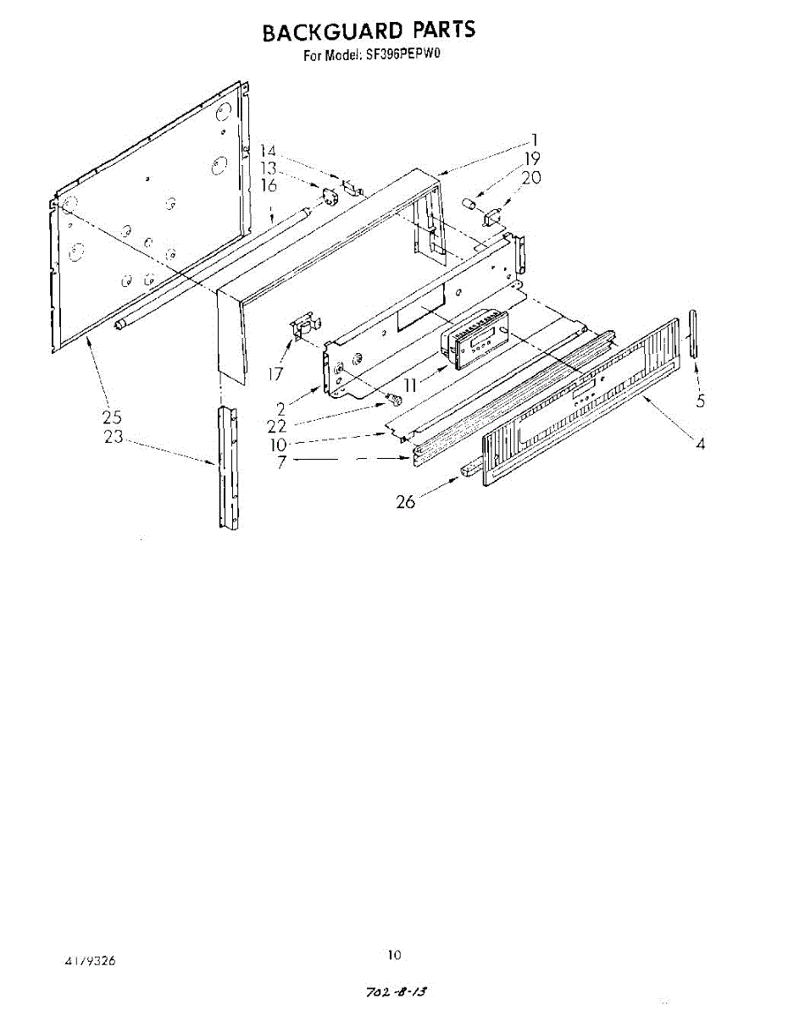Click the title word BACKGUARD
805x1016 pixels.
[x=332, y=32]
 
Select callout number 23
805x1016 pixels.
[x=113, y=437]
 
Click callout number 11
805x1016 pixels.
[x=412, y=384]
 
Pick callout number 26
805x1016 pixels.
[x=406, y=502]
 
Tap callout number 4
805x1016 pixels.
[x=700, y=443]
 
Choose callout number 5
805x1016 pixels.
[x=701, y=401]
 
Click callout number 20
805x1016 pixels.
[x=530, y=178]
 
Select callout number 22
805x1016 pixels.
[x=276, y=426]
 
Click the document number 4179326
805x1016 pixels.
[x=90, y=962]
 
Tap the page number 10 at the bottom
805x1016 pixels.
[x=394, y=955]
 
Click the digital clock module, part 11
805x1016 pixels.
[x=471, y=340]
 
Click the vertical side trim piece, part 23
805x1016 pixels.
[x=228, y=467]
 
